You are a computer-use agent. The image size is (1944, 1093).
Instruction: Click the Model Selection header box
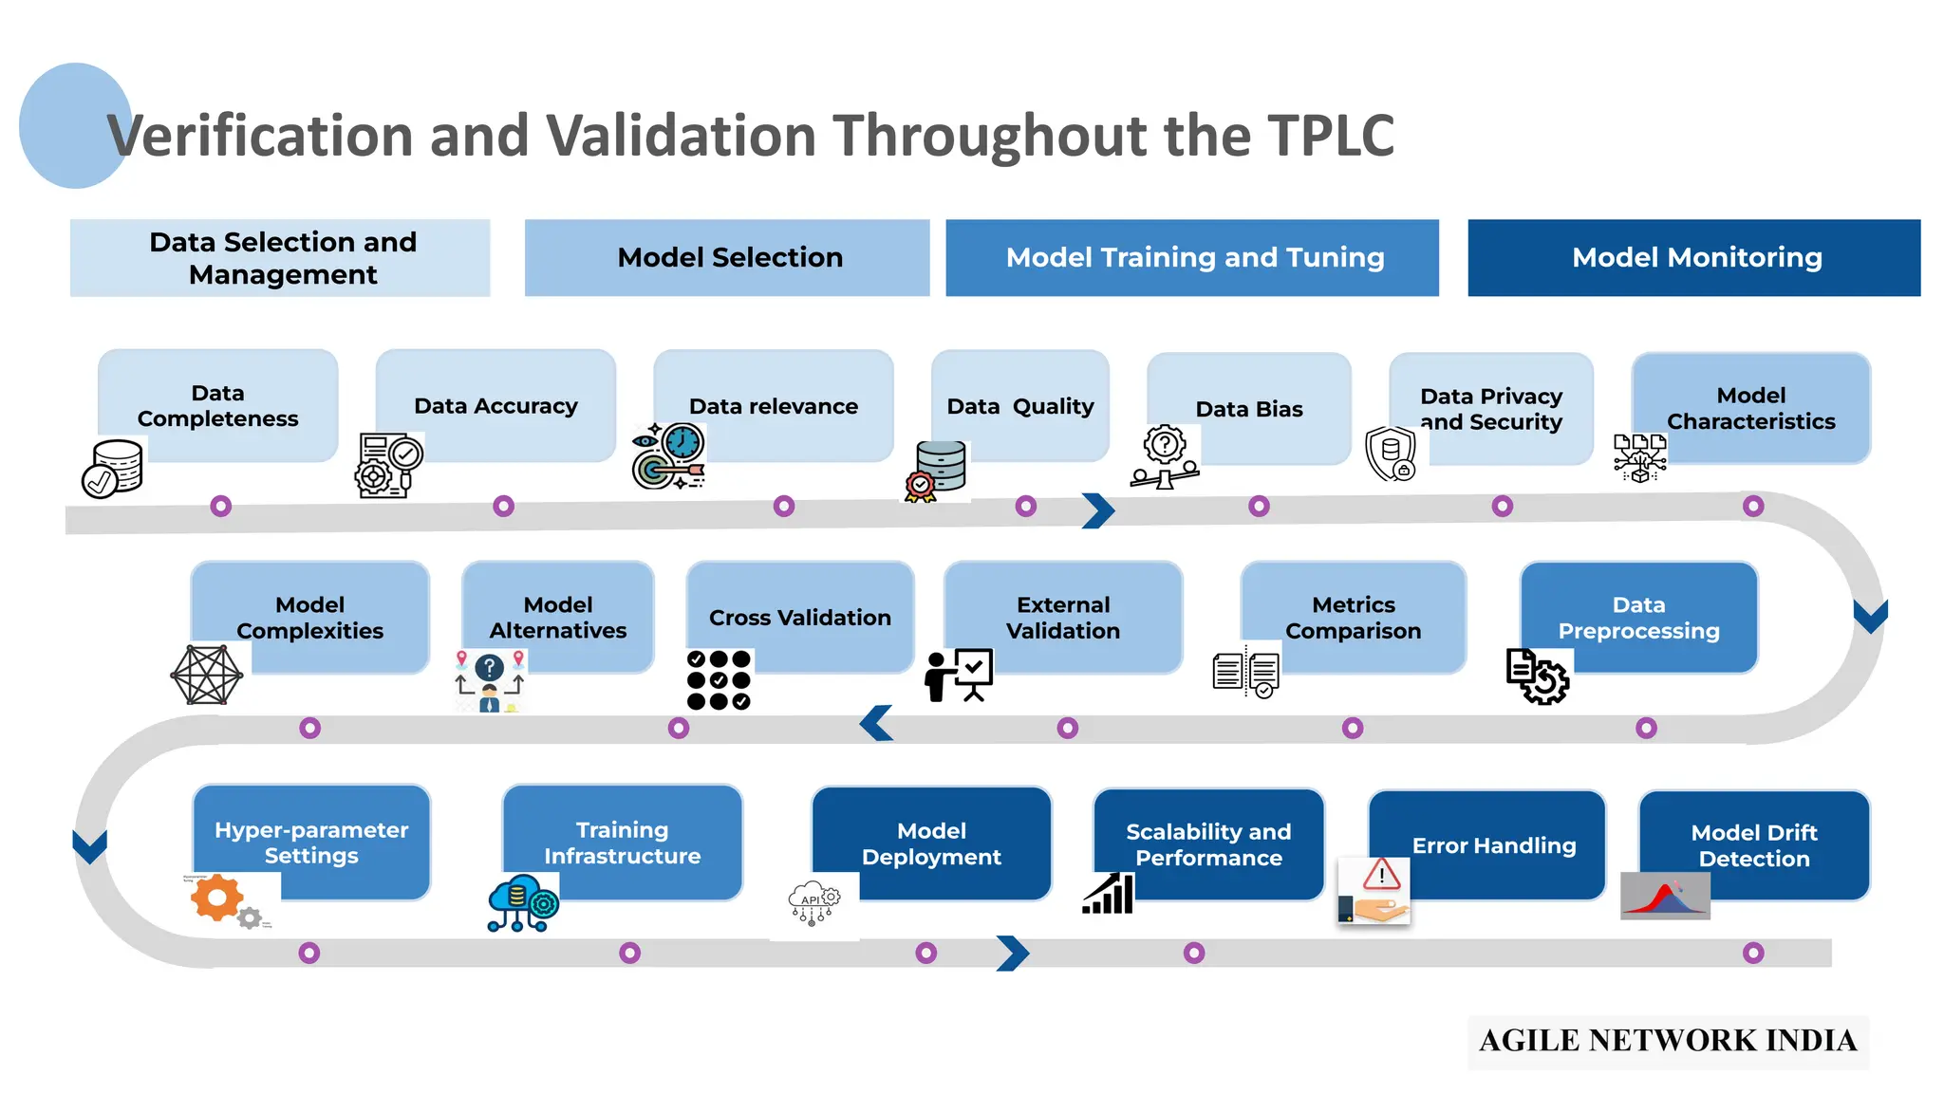[x=727, y=258]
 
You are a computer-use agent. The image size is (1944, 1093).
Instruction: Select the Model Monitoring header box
[x=1693, y=258]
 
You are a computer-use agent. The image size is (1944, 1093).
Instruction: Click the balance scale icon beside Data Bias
[x=1165, y=457]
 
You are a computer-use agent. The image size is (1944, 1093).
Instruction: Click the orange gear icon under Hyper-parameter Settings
[x=216, y=897]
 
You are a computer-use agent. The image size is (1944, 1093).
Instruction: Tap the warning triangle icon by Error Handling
[x=1381, y=875]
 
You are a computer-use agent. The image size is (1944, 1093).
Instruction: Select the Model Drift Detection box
[x=1753, y=844]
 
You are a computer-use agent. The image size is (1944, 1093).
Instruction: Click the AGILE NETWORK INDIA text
[x=1668, y=1041]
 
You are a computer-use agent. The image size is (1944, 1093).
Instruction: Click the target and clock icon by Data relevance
[x=668, y=456]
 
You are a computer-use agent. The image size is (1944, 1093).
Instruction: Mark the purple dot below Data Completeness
[x=221, y=506]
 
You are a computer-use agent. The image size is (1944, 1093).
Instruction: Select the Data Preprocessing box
[x=1638, y=617]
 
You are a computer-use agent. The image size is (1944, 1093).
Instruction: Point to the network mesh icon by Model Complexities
[x=207, y=675]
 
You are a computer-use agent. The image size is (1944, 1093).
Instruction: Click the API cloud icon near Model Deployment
[x=814, y=903]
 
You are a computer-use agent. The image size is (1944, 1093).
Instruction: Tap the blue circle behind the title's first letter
[x=66, y=125]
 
